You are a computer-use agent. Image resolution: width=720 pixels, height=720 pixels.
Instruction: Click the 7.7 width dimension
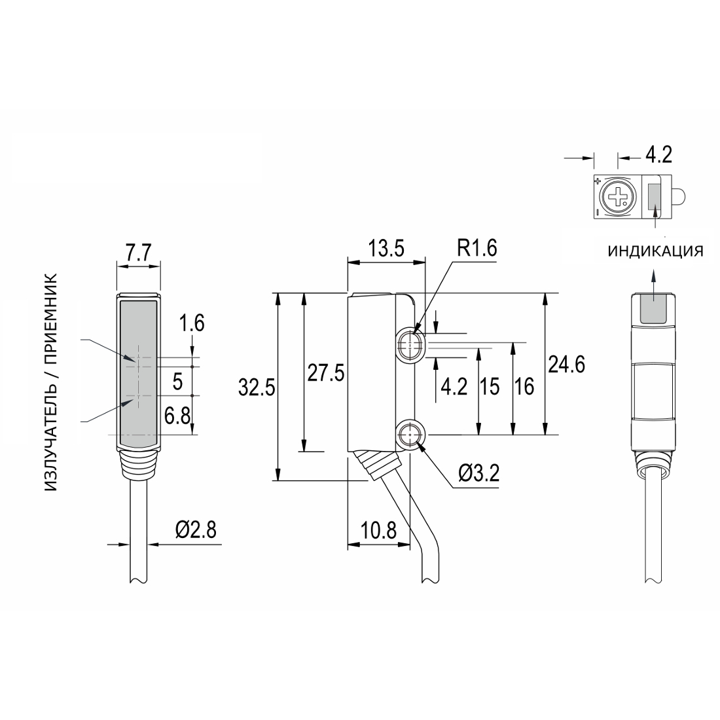tap(138, 253)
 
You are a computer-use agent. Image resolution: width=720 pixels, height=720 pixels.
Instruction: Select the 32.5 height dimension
tap(256, 388)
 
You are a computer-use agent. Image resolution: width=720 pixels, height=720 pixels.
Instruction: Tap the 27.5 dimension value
tap(325, 373)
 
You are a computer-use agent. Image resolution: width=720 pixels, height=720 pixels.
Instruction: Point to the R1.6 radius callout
tap(477, 249)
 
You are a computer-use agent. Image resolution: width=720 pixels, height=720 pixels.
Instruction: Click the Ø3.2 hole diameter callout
tap(478, 473)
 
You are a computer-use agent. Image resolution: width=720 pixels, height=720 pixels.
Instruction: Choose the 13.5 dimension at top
tap(386, 249)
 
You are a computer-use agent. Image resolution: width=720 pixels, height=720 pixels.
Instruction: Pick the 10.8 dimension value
tap(378, 531)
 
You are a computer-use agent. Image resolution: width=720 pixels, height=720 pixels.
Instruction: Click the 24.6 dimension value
tap(567, 365)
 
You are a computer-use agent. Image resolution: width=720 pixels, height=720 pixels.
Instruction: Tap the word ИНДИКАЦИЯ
tap(656, 251)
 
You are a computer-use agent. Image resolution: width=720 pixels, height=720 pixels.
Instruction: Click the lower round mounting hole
tap(409, 435)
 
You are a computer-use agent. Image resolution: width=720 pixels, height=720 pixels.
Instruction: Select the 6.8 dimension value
tap(177, 417)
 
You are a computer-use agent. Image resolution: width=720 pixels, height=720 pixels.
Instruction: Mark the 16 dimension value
tap(524, 387)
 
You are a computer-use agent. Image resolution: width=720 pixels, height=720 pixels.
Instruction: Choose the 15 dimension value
tap(490, 387)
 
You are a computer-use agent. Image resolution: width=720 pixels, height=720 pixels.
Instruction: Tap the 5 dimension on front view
tap(177, 382)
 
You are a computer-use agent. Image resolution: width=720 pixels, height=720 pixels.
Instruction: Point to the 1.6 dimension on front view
tap(192, 323)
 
